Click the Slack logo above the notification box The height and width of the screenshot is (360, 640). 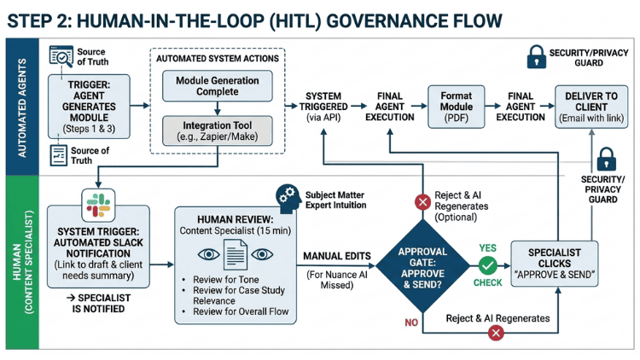96,206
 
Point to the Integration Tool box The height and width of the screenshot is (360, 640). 218,131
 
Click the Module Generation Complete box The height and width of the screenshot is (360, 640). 218,84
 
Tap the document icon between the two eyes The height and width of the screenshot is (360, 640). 235,255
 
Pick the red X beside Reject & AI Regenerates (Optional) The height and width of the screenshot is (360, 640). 422,201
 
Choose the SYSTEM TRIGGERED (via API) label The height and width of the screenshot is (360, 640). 324,106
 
